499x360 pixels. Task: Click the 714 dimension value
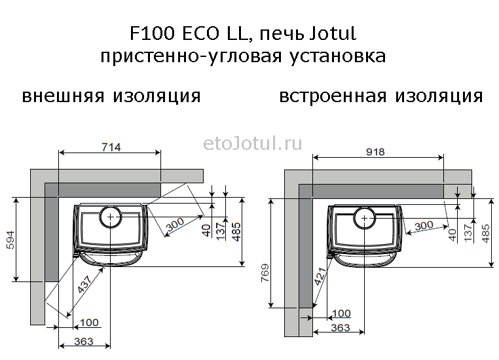[111, 147]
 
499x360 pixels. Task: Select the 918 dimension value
[375, 152]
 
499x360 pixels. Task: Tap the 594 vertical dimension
[10, 240]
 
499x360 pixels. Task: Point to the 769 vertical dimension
[265, 273]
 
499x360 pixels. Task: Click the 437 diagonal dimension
[85, 284]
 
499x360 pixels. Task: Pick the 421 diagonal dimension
[320, 276]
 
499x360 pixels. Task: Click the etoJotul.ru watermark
[252, 144]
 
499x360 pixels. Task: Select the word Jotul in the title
[333, 34]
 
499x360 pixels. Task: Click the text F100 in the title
[152, 34]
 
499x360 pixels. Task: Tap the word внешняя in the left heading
[63, 96]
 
